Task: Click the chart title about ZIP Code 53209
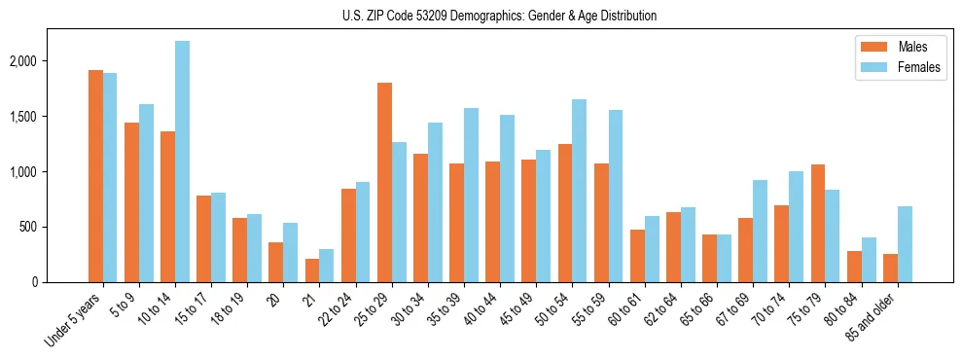pos(499,16)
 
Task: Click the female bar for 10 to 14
pos(182,162)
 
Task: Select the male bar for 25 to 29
pos(384,183)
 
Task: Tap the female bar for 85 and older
pos(905,244)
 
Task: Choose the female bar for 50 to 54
pos(580,191)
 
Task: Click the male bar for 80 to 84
pos(854,267)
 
